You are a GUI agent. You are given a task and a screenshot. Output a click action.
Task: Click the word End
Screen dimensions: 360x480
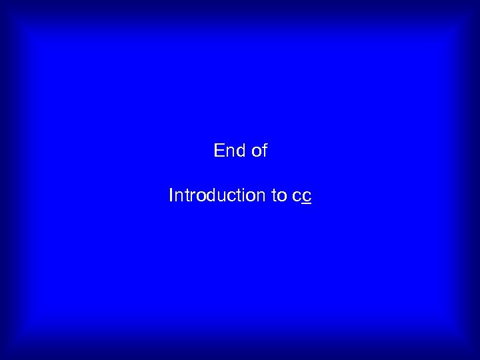coord(230,151)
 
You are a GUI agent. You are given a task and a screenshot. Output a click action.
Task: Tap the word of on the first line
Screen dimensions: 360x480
coord(259,151)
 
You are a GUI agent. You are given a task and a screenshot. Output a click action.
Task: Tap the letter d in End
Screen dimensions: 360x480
coord(241,151)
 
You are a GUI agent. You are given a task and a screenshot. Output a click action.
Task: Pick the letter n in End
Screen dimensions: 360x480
coord(230,152)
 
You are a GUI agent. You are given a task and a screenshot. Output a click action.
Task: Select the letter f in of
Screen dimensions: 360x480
coord(265,151)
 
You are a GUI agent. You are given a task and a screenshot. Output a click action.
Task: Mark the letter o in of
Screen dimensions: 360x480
coord(257,152)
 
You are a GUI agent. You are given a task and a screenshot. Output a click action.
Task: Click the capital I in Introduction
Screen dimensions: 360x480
coord(171,195)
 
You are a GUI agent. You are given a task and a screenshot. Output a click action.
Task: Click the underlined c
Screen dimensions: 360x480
coord(307,196)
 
